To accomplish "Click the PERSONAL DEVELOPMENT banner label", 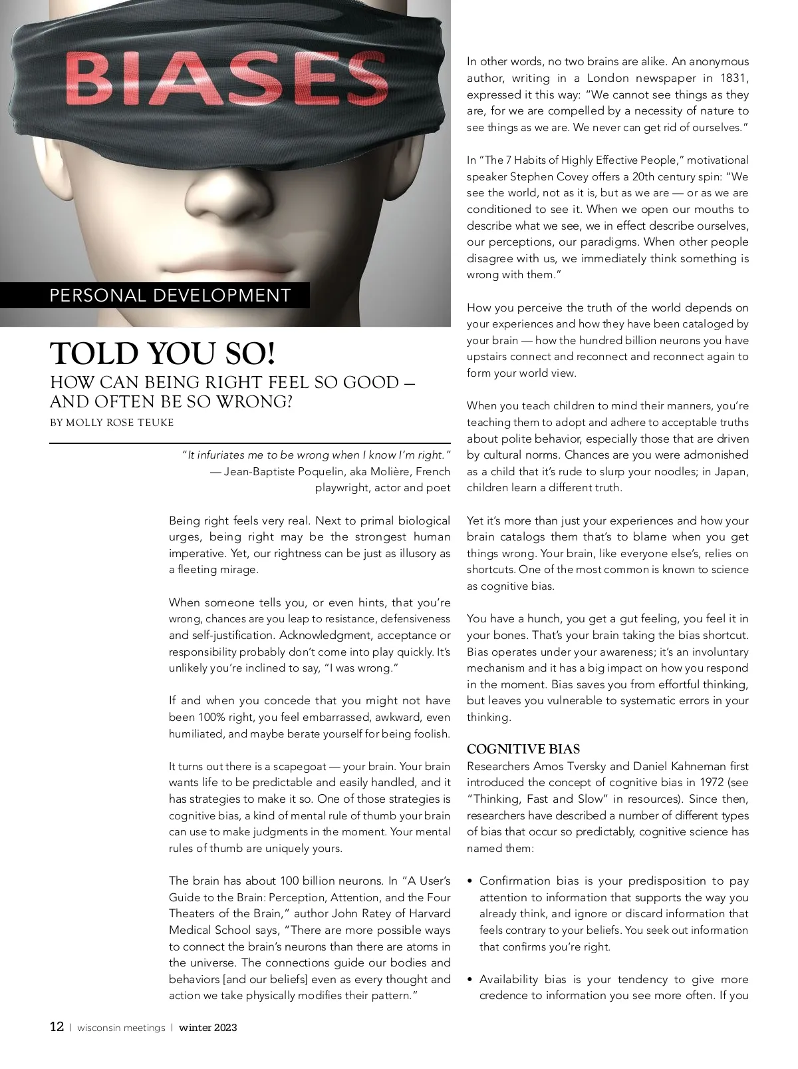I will pos(170,296).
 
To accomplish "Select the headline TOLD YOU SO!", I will pos(162,353).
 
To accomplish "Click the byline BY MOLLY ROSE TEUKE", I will pos(112,423).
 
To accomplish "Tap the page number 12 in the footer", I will pos(57,1026).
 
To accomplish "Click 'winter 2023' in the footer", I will pos(207,1027).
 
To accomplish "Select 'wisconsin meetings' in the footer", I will pos(121,1027).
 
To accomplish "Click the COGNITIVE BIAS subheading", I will pos(523,749).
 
